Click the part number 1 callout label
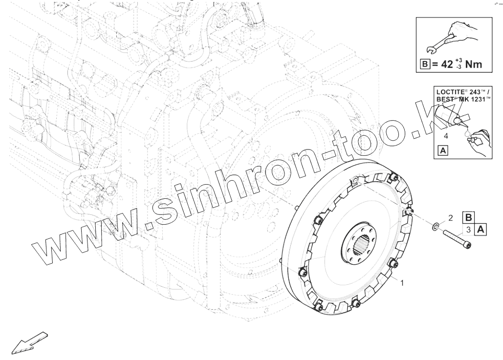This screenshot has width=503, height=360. pos(402,283)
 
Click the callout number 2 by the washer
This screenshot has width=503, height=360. pos(450,218)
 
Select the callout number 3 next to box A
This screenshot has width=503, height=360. pos(468,230)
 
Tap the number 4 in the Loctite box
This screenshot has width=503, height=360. pos(446,136)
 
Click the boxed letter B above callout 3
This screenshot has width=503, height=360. pos(468,218)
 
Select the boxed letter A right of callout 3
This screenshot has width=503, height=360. pos(481,230)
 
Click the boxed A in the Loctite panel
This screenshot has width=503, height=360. pos(443,150)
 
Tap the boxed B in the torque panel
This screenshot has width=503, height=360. pos(425,64)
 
